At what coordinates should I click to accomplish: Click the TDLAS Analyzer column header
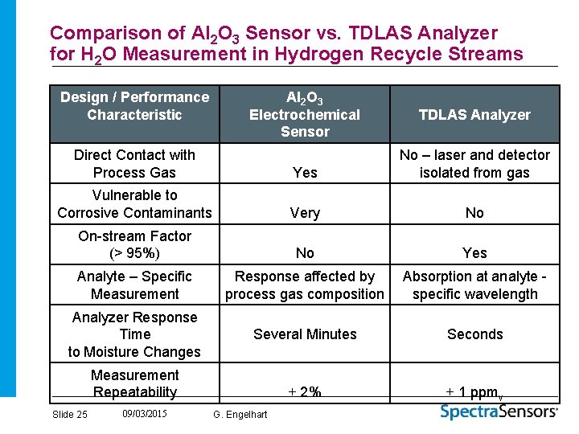pos(474,115)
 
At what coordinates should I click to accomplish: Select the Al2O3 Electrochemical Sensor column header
pos(305,115)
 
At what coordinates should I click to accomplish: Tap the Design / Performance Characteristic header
pos(134,106)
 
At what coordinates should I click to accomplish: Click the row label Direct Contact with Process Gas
pos(134,163)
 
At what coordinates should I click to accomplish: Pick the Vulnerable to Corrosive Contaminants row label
pos(134,204)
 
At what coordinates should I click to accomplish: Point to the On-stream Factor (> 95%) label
pos(134,244)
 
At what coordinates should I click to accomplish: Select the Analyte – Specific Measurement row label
pos(134,285)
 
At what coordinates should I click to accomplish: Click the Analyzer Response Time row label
pos(134,334)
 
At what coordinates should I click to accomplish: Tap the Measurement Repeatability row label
pos(134,383)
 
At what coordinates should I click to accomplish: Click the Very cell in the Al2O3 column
pos(305,213)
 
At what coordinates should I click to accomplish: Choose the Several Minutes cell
pos(305,334)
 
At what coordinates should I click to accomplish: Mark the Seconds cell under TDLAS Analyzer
pos(474,334)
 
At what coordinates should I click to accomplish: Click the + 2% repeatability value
pos(305,392)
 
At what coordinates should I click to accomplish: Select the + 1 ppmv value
pos(474,392)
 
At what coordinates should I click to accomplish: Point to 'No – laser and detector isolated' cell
pos(474,163)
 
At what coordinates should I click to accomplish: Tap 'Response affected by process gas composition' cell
pos(305,285)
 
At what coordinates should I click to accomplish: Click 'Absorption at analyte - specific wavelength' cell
pos(474,285)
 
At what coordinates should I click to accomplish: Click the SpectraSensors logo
pos(499,411)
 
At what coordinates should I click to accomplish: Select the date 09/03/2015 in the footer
pos(145,414)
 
